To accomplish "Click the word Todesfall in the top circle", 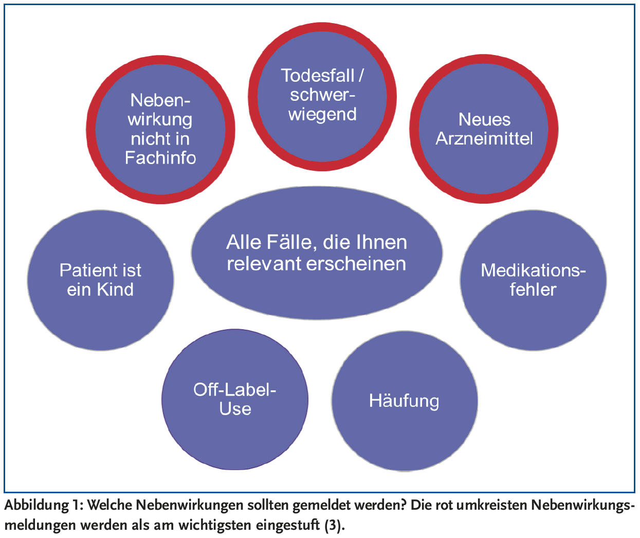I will pyautogui.click(x=318, y=76).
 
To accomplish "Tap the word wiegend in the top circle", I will pyautogui.click(x=322, y=114).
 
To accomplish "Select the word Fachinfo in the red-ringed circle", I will pyautogui.click(x=160, y=157).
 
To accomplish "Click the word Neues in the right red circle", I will pyautogui.click(x=484, y=119).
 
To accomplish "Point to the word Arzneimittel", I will pyautogui.click(x=484, y=138).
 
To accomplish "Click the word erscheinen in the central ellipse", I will pyautogui.click(x=356, y=263).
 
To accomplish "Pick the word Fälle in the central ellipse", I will pyautogui.click(x=288, y=242).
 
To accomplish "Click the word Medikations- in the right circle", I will pyautogui.click(x=533, y=270).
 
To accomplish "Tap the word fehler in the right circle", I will pyautogui.click(x=533, y=290).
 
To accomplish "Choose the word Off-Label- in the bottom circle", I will pyautogui.click(x=235, y=389).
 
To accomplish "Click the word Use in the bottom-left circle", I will pyautogui.click(x=235, y=409).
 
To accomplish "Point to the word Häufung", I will pyautogui.click(x=404, y=401).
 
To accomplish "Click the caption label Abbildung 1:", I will pyautogui.click(x=43, y=505).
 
